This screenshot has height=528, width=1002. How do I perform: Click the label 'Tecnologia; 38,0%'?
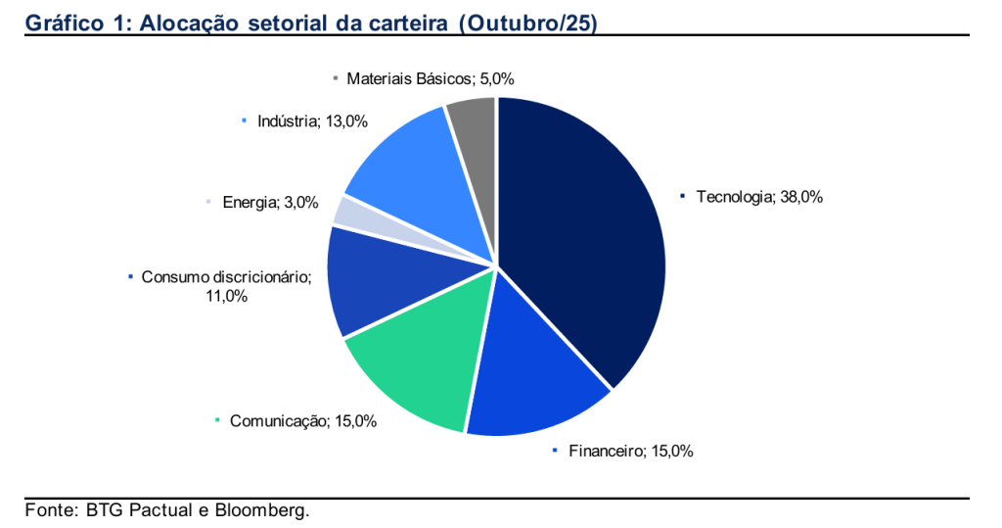(759, 197)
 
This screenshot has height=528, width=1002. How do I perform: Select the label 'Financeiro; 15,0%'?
(630, 451)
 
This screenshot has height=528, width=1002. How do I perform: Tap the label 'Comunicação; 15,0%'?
(303, 421)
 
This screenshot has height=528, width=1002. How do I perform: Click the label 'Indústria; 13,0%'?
(312, 121)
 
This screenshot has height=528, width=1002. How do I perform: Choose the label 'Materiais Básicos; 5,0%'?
(430, 78)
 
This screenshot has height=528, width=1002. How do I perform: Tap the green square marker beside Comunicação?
(217, 421)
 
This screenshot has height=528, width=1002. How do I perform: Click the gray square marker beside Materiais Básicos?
(336, 78)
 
